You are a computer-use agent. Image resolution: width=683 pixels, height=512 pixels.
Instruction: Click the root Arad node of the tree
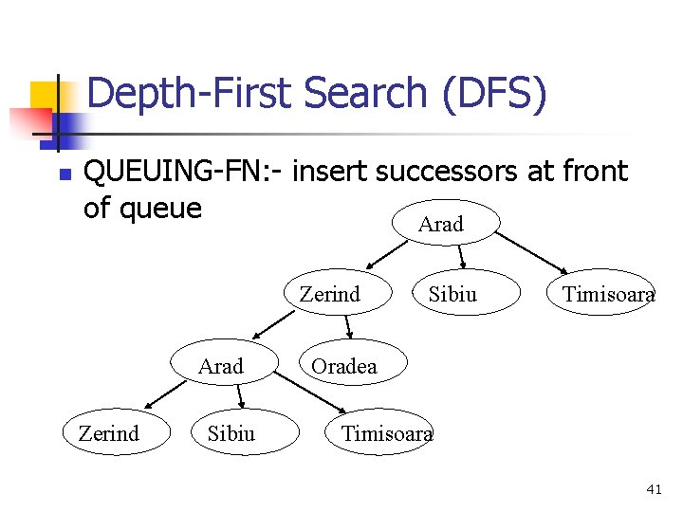(441, 224)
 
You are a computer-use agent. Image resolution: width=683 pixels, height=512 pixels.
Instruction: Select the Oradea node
(344, 366)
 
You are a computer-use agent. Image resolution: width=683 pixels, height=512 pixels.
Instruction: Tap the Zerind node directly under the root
(329, 294)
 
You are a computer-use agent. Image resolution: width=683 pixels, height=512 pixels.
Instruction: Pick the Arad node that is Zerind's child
(221, 366)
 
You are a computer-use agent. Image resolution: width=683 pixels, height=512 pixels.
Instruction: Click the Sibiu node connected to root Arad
(452, 294)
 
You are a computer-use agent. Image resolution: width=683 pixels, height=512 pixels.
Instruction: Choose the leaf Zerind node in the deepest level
(108, 433)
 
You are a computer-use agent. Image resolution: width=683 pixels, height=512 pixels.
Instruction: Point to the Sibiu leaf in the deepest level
(231, 433)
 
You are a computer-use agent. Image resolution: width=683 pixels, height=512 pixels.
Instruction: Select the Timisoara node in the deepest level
(386, 433)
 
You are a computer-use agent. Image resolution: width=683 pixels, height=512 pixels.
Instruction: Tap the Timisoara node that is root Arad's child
(608, 294)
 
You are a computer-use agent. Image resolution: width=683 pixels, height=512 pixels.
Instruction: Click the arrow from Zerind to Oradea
(349, 328)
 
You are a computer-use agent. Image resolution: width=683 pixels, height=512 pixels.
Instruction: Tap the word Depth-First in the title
(191, 94)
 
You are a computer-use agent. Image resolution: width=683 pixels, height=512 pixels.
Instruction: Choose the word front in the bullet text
(594, 172)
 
